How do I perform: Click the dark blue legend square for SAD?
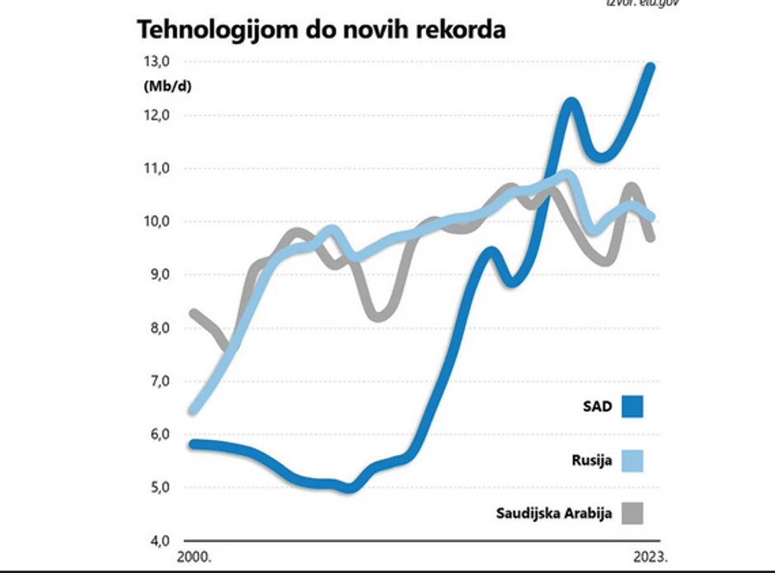pyautogui.click(x=632, y=406)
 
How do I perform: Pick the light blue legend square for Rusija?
pyautogui.click(x=632, y=461)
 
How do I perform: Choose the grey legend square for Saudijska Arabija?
pyautogui.click(x=632, y=514)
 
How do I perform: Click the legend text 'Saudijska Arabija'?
pyautogui.click(x=554, y=514)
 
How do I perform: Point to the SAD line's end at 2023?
pyautogui.click(x=651, y=67)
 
